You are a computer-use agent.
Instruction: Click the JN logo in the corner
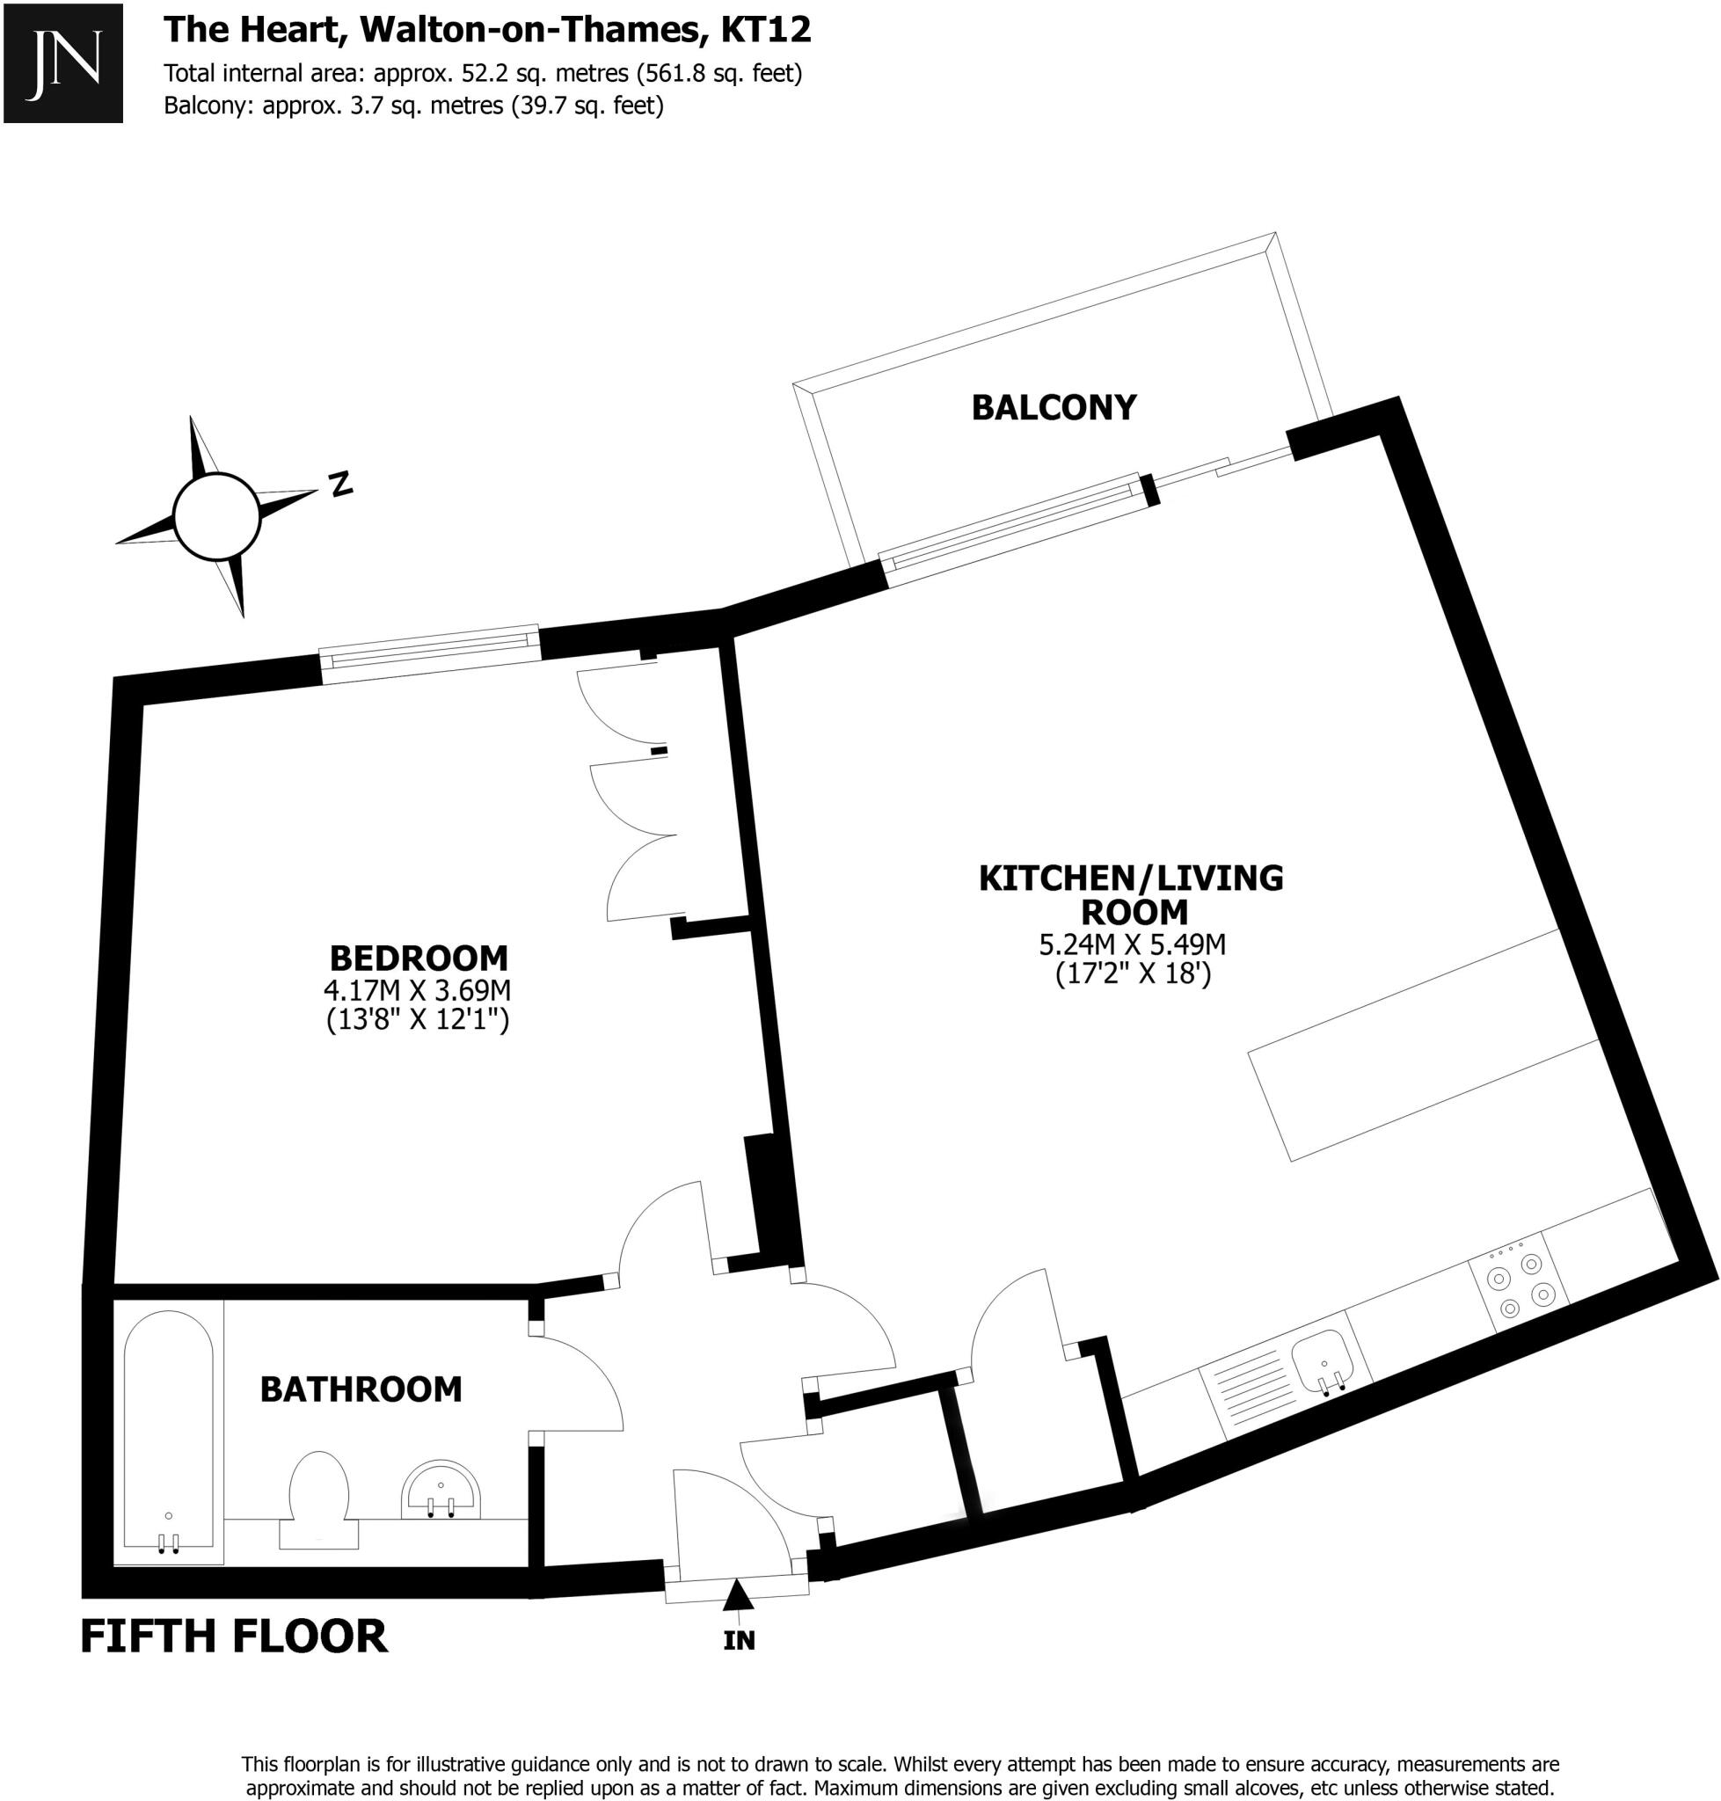click(x=62, y=62)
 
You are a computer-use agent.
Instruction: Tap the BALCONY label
click(x=1054, y=407)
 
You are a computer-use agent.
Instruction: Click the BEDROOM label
click(x=419, y=959)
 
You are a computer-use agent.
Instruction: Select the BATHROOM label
click(x=361, y=1390)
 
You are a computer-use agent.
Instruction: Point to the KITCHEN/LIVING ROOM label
click(x=1131, y=894)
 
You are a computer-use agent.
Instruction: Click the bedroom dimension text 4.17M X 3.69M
click(x=417, y=991)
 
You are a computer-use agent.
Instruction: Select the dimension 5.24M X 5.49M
click(x=1132, y=944)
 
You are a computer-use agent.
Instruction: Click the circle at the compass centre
click(x=217, y=516)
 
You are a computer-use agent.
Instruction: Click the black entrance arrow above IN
click(x=738, y=1595)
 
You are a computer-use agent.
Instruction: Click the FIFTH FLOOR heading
click(x=234, y=1637)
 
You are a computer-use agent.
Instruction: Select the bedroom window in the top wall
click(x=429, y=653)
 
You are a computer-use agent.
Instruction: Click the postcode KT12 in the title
click(x=766, y=30)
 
